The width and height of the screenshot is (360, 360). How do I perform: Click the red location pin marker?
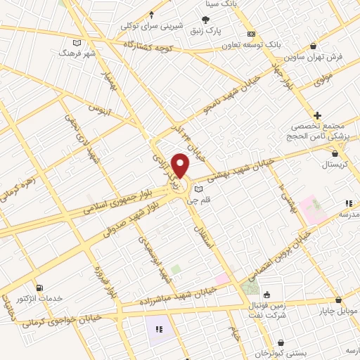point(181,166)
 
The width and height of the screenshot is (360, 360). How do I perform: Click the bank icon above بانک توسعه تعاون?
point(252,34)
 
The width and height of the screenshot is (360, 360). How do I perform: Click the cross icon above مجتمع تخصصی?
point(318,115)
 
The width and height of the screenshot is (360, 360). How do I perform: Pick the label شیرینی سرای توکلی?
point(151,25)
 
